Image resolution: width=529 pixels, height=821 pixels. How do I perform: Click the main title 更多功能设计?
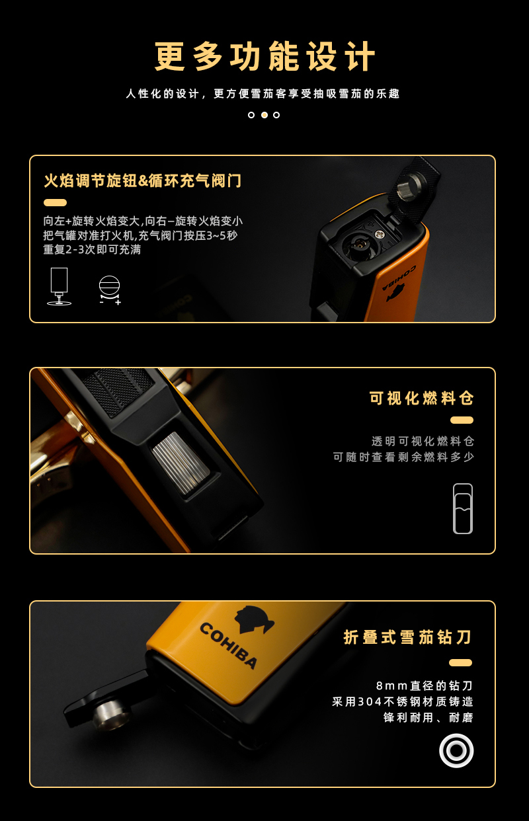264,56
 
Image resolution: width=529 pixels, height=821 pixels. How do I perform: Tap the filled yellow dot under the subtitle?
264,115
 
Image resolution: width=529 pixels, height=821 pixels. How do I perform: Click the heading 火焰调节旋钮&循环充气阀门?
143,180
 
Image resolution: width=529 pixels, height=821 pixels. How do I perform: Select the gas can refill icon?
59,286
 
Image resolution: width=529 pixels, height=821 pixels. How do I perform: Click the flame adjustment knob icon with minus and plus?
110,290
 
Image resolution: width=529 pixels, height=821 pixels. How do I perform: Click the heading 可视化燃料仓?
422,398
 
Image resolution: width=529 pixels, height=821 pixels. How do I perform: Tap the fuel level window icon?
463,508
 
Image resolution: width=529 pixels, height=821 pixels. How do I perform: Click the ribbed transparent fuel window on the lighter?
181,459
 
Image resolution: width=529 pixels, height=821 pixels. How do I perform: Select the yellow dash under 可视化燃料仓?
462,420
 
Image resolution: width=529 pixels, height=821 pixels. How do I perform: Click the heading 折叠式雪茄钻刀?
407,637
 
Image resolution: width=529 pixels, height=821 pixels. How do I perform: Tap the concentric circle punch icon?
456,751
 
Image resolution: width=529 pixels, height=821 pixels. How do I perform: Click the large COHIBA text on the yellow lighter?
228,646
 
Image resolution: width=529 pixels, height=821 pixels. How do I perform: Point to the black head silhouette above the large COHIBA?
254,620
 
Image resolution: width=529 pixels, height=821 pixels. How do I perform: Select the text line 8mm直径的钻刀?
425,685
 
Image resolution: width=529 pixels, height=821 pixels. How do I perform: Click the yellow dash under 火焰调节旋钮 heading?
55,203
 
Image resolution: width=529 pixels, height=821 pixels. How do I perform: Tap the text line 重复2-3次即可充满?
92,250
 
